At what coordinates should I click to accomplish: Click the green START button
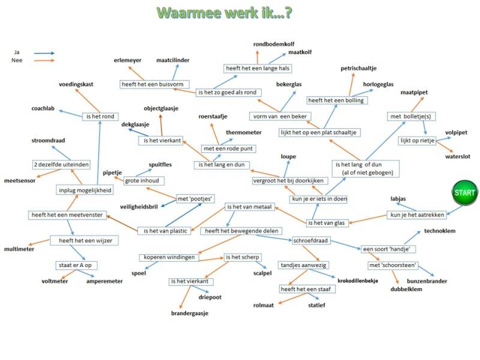464,193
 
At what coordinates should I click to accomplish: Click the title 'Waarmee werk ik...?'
224,13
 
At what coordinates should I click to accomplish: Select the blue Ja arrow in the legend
44,53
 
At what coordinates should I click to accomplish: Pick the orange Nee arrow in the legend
44,61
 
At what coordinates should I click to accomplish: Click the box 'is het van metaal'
250,207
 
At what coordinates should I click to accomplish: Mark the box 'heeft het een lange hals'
257,68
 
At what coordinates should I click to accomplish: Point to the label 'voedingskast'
76,85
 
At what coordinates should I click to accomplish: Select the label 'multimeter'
20,248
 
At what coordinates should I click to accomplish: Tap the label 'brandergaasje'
190,313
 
